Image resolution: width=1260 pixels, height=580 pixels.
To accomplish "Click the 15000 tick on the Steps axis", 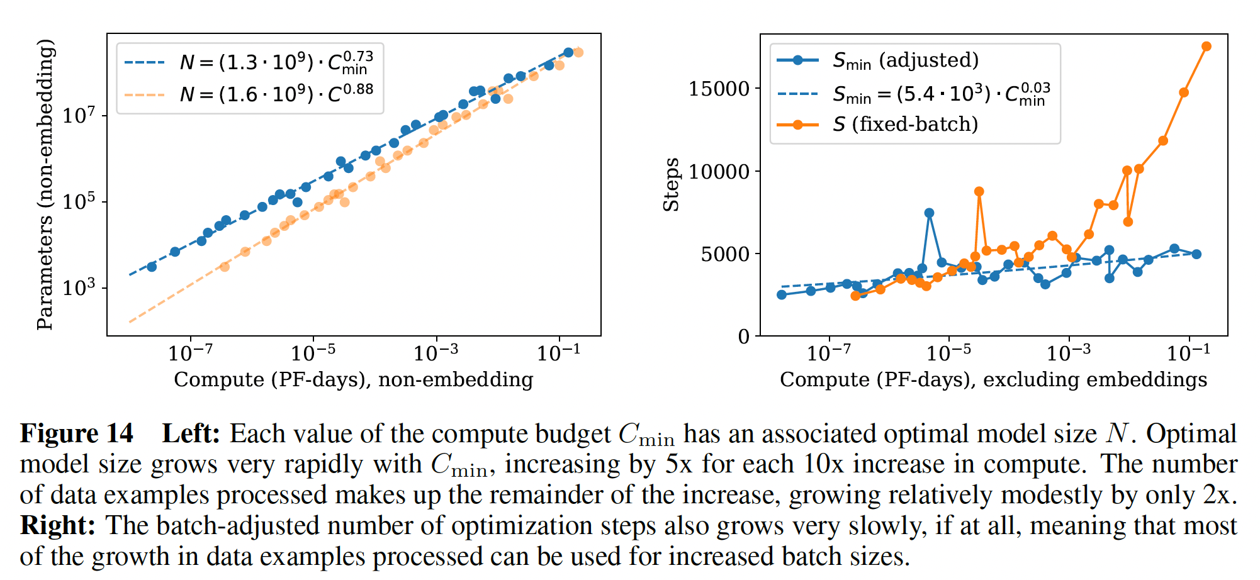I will [x=719, y=89].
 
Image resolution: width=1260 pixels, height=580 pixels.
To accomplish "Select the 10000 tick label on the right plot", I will [x=719, y=172].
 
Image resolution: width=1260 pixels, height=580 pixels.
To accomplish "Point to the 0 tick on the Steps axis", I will [x=744, y=337].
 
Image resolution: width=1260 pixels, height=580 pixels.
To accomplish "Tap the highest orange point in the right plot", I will [x=1207, y=47].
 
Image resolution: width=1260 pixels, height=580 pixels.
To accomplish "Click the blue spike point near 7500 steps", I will [x=929, y=213].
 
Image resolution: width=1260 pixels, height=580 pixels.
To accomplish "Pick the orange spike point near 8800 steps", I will [x=979, y=192].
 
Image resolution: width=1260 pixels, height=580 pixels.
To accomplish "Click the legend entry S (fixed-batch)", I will [x=905, y=125].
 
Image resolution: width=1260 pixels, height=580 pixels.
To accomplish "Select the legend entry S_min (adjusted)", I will [x=905, y=60].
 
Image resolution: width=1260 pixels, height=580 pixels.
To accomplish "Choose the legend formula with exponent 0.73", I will [x=276, y=62].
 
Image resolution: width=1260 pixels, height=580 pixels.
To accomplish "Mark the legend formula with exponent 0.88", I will [x=276, y=94].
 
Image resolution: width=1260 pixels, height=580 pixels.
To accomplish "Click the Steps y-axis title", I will [x=672, y=184].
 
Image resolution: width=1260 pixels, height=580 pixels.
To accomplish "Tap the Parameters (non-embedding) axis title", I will [x=45, y=184].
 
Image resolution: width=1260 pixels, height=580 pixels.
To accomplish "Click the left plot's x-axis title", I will [x=354, y=380].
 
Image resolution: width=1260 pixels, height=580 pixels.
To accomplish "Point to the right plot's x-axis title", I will [x=993, y=380].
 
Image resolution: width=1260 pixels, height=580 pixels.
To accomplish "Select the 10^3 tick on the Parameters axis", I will [x=79, y=288].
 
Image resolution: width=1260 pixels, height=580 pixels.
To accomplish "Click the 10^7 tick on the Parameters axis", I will [x=79, y=116].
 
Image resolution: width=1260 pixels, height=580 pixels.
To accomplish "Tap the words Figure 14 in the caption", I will [x=77, y=434].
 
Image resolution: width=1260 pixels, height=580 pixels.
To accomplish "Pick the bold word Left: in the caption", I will [x=191, y=434].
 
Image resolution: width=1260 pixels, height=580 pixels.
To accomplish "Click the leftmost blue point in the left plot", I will [x=152, y=267].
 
